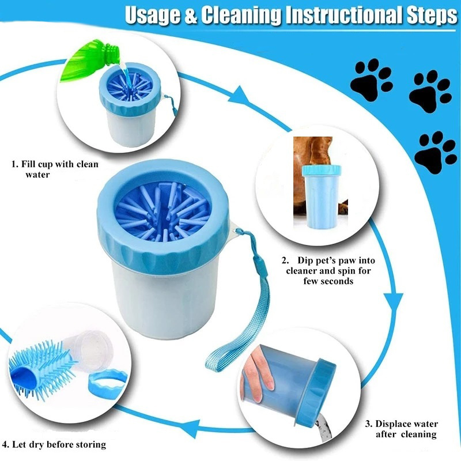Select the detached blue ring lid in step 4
point(108,381)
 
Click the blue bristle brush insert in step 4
point(41,369)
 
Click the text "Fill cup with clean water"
point(55,169)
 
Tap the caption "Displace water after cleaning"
point(402,429)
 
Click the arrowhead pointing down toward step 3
point(394,304)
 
